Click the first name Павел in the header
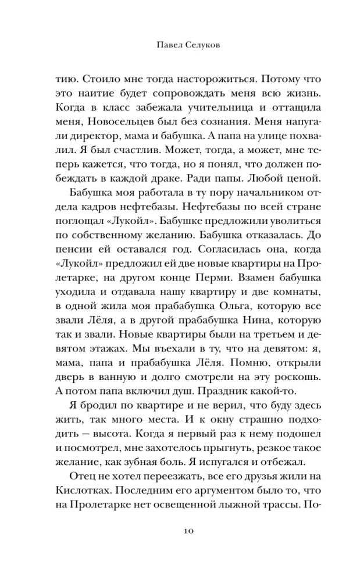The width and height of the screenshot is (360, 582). pos(157,44)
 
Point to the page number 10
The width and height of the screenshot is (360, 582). pos(180,531)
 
